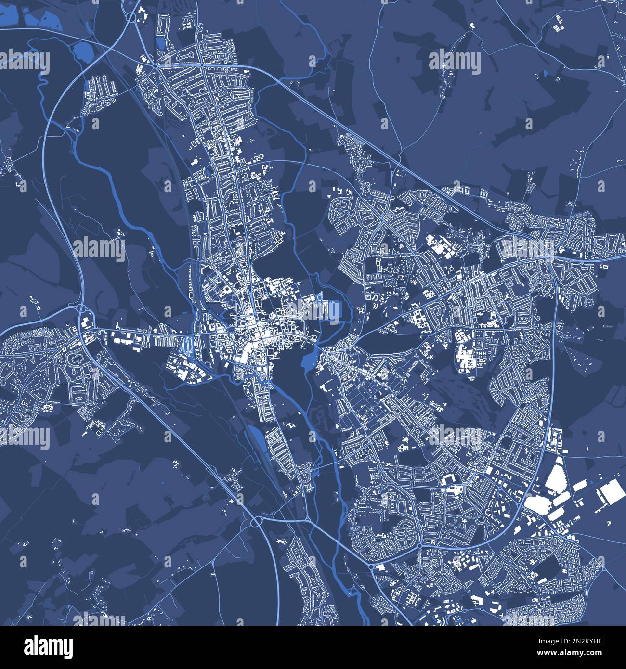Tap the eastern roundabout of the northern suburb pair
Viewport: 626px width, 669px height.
[202, 65]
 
